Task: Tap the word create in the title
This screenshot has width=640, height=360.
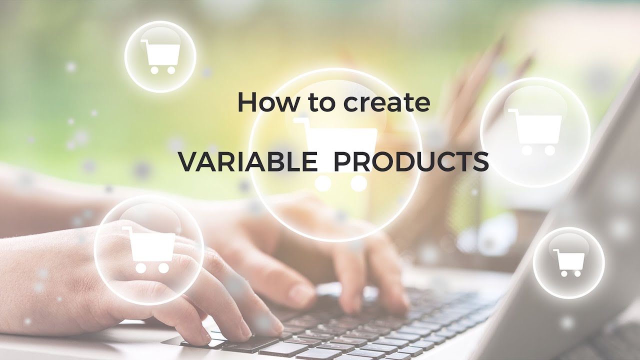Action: tap(386, 102)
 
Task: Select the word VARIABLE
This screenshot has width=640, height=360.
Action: tap(247, 162)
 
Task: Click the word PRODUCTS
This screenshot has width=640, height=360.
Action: tap(410, 162)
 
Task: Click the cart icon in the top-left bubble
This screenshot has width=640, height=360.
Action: tap(160, 56)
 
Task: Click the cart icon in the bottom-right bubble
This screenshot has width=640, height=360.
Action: tap(569, 262)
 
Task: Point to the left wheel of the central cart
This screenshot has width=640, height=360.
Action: tap(323, 184)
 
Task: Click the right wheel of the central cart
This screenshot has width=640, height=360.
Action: tap(358, 184)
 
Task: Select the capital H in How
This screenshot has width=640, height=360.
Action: tap(245, 102)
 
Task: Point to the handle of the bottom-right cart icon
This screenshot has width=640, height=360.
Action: tap(556, 251)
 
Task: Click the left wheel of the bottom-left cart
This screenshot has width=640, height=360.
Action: tap(141, 268)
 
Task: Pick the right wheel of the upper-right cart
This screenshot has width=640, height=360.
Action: tap(549, 149)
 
